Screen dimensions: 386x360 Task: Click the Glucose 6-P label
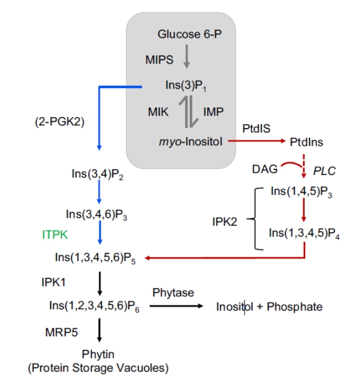(189, 34)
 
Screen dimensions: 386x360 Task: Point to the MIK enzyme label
(158, 112)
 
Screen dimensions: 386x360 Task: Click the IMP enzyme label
(214, 112)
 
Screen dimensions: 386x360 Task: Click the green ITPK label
(55, 234)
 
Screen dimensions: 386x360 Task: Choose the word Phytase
(173, 293)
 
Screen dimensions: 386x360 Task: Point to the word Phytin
(98, 355)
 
